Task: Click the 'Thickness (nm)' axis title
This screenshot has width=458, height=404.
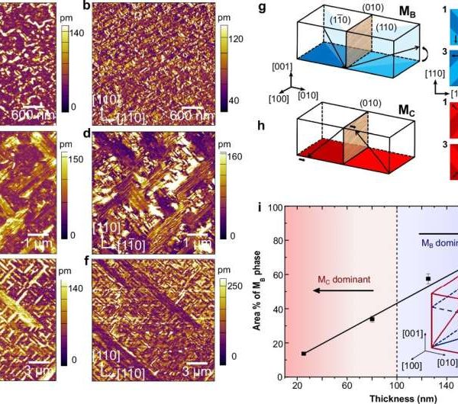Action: (369, 398)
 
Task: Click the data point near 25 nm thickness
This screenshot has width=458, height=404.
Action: (304, 354)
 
